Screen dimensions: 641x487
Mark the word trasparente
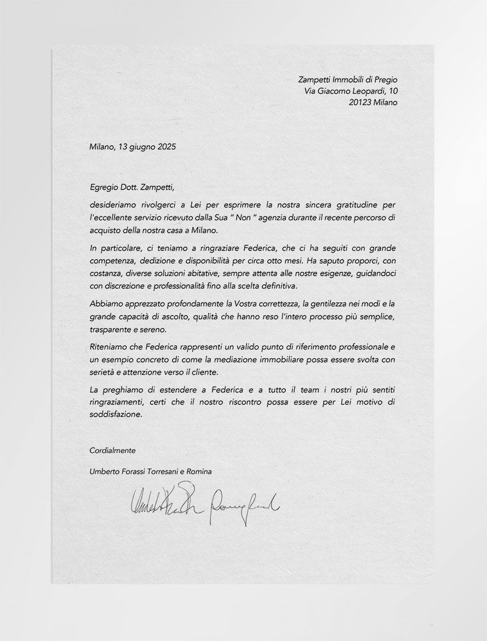click(x=110, y=330)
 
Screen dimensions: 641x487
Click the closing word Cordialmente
click(x=112, y=450)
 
